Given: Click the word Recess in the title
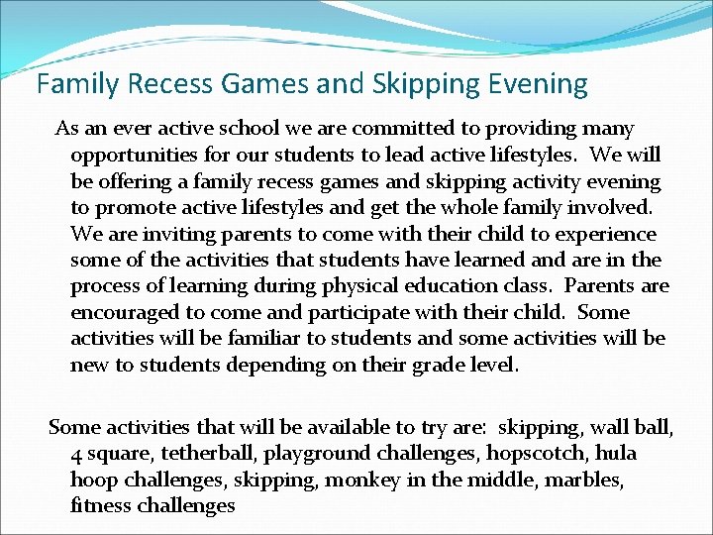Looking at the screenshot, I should pyautogui.click(x=160, y=83).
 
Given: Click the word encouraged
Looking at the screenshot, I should pyautogui.click(x=125, y=312).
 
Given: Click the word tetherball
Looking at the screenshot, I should pyautogui.click(x=197, y=454).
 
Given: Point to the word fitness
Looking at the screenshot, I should pyautogui.click(x=97, y=505).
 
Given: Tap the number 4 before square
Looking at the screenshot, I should pyautogui.click(x=76, y=454).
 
